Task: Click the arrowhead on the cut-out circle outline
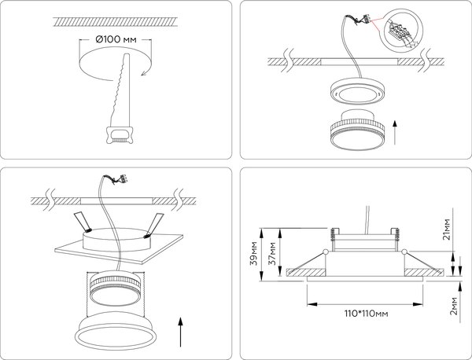click(143, 73)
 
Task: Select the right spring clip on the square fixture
click(153, 222)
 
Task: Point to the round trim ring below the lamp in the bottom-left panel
click(116, 331)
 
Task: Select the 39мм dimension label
click(254, 252)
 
